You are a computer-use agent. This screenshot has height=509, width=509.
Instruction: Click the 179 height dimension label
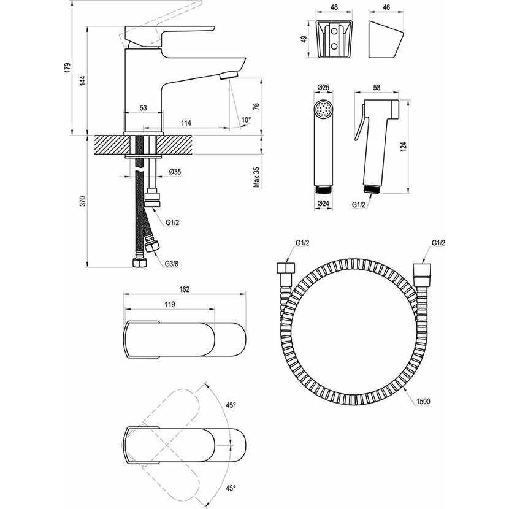(67, 68)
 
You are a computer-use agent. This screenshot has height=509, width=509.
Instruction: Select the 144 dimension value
(83, 80)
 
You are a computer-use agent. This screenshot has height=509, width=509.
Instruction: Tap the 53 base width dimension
(143, 108)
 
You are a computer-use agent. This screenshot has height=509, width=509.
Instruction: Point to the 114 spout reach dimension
(186, 123)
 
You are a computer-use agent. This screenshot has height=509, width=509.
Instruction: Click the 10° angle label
(247, 120)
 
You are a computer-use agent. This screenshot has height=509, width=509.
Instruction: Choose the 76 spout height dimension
(256, 107)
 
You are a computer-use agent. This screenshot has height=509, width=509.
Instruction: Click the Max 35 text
(256, 177)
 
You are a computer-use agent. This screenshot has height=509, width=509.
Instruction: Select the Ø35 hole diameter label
(175, 172)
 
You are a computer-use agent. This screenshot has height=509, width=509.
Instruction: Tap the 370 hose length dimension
(83, 201)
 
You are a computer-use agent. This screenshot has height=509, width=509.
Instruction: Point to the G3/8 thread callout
(172, 264)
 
